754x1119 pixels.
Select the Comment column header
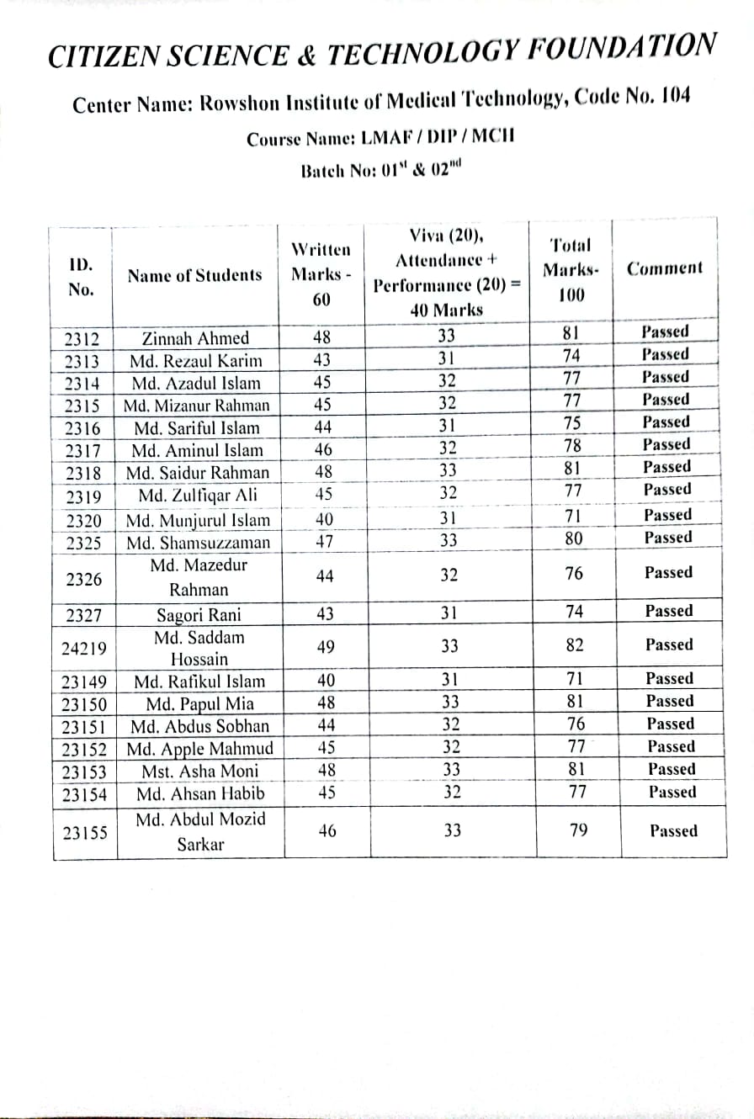(665, 268)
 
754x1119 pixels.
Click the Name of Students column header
(194, 275)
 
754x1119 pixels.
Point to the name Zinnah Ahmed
(195, 338)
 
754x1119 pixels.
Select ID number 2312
(82, 340)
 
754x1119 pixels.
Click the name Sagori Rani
(199, 614)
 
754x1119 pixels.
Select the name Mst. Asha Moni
(200, 771)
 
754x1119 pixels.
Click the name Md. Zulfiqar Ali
(200, 494)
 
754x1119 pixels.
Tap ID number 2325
(82, 544)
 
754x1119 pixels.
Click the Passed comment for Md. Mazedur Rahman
(668, 572)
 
